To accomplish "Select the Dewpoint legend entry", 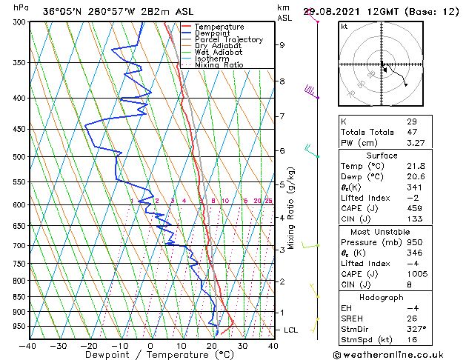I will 213,33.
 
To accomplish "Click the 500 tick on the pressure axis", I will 19,157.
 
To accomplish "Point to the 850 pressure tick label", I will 19,297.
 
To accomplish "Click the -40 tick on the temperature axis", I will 28,345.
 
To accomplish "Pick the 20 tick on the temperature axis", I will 212,345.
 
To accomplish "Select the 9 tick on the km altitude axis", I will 282,45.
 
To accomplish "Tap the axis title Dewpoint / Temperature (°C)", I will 150,355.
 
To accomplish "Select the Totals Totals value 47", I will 412,132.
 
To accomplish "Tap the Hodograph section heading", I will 381,297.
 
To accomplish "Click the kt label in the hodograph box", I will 344,27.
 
